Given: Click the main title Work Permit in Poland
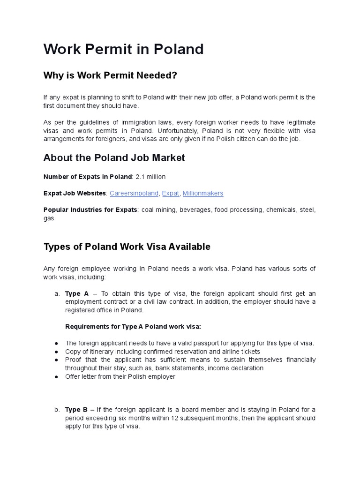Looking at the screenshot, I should (x=123, y=49).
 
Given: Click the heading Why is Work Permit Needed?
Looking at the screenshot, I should (x=111, y=75).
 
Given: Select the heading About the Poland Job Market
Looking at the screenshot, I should (x=114, y=158).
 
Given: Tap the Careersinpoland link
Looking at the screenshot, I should (x=134, y=193).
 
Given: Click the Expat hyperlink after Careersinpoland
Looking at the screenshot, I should (x=170, y=193).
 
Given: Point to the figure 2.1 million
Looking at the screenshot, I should (x=150, y=177).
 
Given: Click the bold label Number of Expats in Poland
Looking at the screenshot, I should (x=87, y=177).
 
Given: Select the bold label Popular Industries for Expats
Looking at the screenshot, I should (x=90, y=210).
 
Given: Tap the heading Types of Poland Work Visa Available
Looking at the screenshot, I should (x=127, y=247).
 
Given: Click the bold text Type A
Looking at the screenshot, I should (x=77, y=293).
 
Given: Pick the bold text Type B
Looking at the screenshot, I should (x=76, y=410).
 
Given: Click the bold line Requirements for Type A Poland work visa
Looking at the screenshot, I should (x=133, y=326).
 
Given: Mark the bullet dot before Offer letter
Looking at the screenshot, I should (x=56, y=377).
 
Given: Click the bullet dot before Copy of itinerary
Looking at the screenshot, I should (x=56, y=352).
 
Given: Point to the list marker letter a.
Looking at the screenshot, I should (x=56, y=293).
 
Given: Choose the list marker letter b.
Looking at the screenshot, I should (x=56, y=410).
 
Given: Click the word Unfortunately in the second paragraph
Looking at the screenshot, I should (x=178, y=130).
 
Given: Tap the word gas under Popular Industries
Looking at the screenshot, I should (x=49, y=218).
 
